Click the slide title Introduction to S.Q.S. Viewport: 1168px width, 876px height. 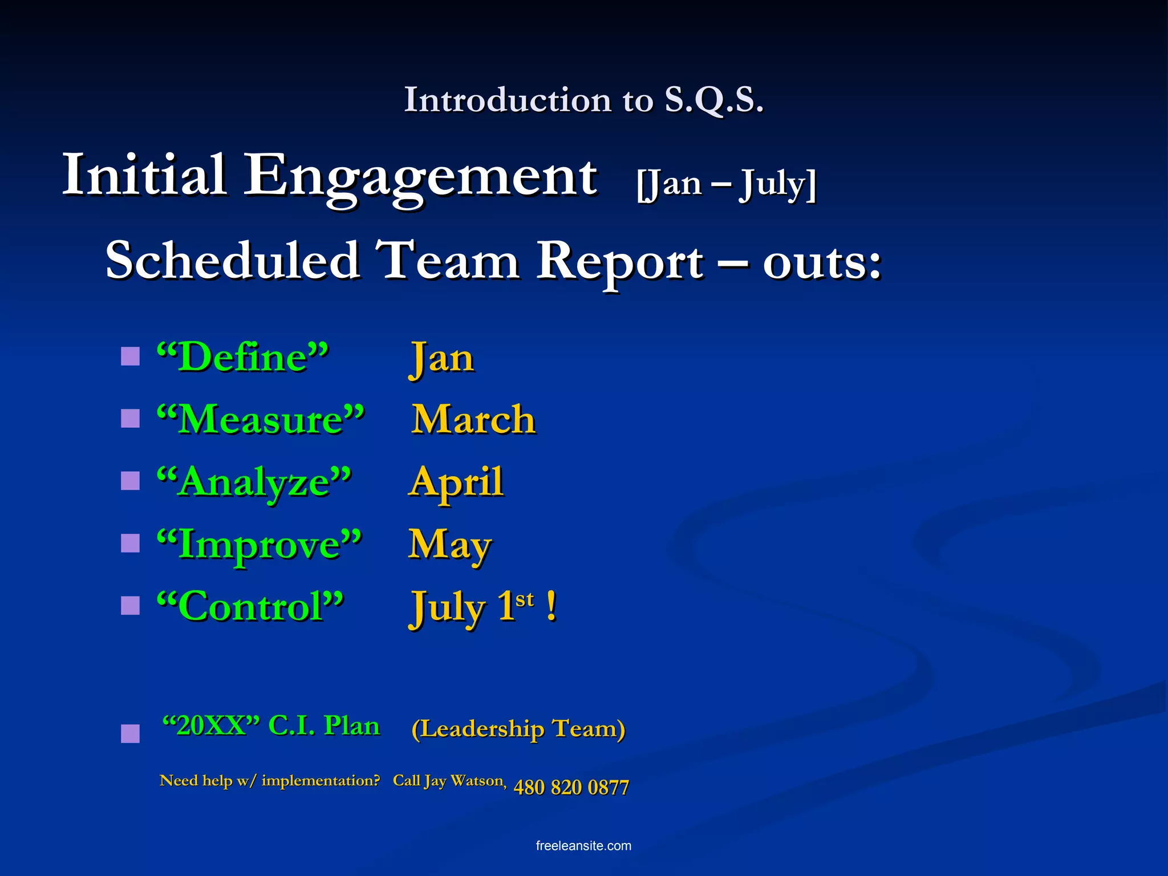point(583,100)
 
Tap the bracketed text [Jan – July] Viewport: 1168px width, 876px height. point(727,184)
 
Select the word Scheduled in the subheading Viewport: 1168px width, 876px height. point(233,261)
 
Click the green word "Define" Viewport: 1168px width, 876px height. point(243,358)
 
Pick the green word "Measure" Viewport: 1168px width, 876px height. point(261,420)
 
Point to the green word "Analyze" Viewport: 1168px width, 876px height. point(254,482)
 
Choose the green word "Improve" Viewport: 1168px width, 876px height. point(259,544)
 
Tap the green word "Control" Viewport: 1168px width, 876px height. point(250,606)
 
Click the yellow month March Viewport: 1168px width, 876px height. point(473,420)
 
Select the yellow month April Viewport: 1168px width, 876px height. point(456,482)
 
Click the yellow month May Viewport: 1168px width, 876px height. point(449,545)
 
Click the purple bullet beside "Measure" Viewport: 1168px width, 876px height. point(131,419)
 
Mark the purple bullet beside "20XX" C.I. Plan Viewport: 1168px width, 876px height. point(131,733)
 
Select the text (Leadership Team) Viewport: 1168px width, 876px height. point(518,729)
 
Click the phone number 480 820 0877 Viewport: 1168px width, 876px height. point(571,788)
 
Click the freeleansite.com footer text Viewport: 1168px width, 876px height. point(583,846)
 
